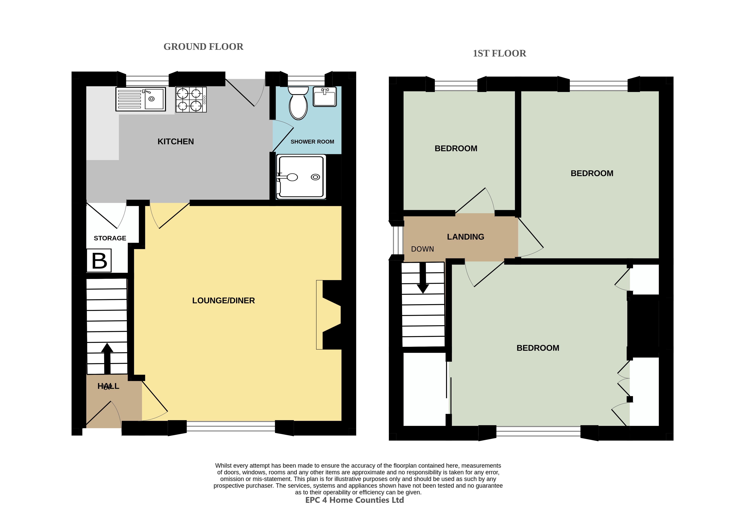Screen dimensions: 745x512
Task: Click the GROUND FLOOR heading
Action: [203, 47]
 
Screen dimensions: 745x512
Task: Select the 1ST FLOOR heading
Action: [499, 54]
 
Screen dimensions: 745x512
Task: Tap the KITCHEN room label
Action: [176, 141]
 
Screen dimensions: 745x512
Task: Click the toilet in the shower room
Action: [298, 103]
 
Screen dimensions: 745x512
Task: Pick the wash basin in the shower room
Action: [325, 96]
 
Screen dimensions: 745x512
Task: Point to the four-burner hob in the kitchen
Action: [191, 100]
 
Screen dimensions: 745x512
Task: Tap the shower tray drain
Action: [315, 177]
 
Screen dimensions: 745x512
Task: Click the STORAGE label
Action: [110, 238]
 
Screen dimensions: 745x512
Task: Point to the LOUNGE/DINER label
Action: [224, 301]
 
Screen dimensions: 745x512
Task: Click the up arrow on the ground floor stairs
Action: [107, 359]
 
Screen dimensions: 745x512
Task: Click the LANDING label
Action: [466, 237]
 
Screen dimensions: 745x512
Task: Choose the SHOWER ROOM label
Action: [312, 142]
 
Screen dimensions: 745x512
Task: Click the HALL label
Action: [108, 386]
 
